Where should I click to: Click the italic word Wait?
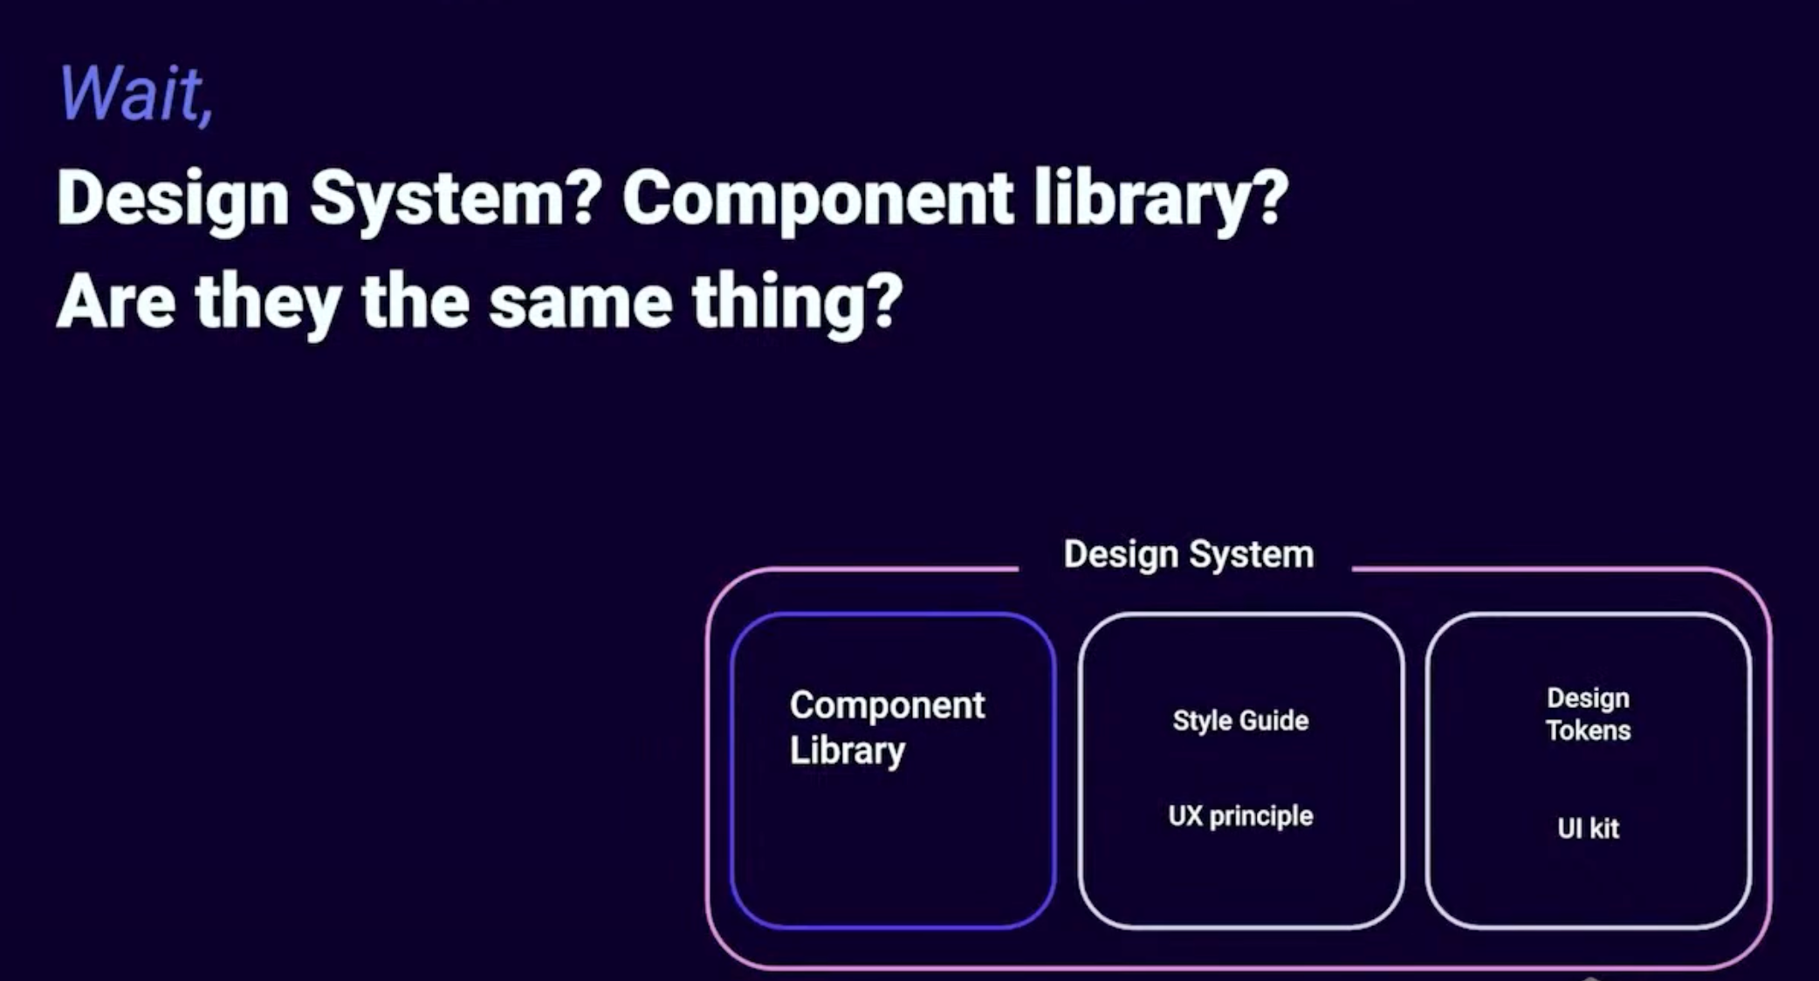point(130,93)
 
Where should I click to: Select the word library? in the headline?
point(1161,200)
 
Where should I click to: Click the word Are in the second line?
point(116,302)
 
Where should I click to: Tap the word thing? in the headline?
point(797,302)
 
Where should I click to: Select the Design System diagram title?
point(1188,555)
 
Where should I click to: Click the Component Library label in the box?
point(887,728)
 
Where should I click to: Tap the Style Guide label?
point(1240,721)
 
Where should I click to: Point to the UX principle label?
point(1240,816)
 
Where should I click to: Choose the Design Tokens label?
point(1588,714)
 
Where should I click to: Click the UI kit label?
point(1588,827)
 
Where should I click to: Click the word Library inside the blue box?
point(847,751)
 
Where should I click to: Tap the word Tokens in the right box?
point(1588,731)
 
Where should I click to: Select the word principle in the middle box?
point(1260,817)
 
